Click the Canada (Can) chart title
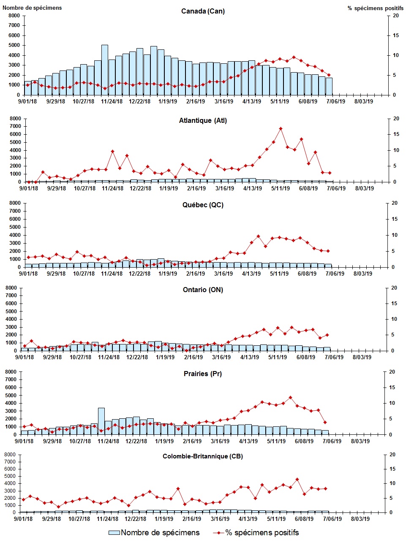click(203, 11)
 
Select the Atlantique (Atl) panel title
click(203, 121)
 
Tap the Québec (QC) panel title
click(203, 205)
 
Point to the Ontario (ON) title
click(203, 290)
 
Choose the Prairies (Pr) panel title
click(203, 374)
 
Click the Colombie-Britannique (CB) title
click(203, 456)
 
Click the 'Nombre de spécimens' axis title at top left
click(32, 8)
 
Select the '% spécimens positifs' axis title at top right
click(375, 8)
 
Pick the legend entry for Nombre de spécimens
click(154, 533)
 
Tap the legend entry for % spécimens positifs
click(256, 533)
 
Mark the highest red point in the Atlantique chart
click(281, 129)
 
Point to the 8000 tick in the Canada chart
click(14, 16)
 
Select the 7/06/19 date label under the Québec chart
click(334, 274)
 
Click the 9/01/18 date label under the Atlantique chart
click(28, 188)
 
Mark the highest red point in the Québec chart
click(258, 236)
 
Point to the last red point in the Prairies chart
click(325, 422)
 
